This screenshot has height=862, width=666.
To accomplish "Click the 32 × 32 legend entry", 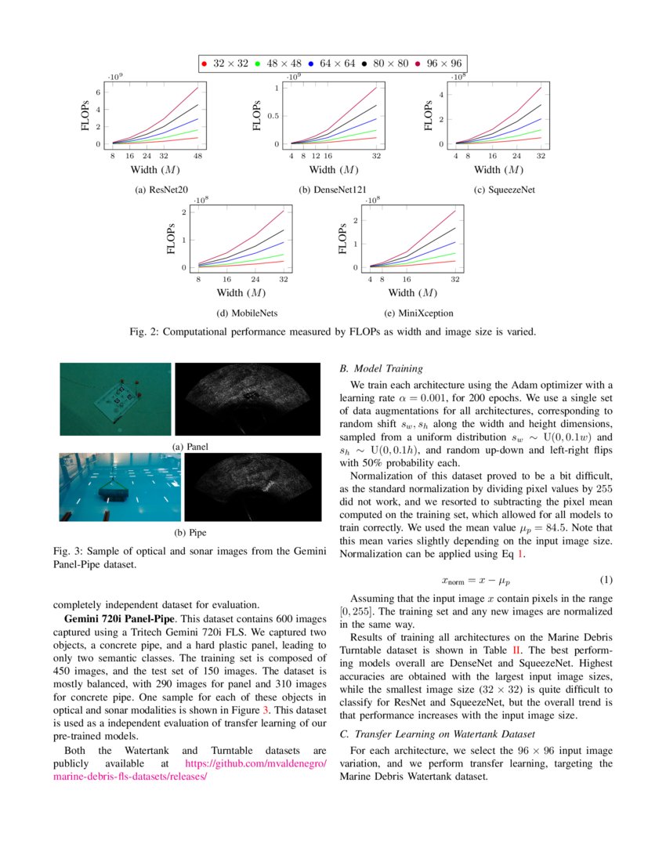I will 224,63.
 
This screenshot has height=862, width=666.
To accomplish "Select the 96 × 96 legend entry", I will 438,63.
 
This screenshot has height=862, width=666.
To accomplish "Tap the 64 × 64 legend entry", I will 331,63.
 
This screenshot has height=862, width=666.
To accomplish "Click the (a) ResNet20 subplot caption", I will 161,189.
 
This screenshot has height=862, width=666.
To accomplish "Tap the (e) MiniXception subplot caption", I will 420,313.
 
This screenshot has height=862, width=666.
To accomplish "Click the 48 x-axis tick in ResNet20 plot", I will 198,156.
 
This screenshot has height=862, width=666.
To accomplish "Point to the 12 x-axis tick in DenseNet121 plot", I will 316,156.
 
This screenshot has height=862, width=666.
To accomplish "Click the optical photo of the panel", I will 115,399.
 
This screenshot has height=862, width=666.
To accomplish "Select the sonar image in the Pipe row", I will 247,487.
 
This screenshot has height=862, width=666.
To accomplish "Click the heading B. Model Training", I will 381,368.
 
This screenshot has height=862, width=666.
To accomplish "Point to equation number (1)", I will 606,580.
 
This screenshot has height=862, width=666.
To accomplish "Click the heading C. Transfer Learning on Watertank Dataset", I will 437,733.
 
